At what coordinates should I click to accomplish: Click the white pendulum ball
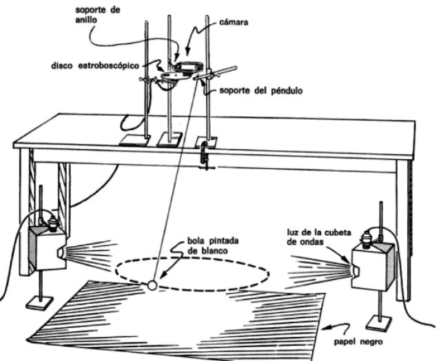(x=152, y=283)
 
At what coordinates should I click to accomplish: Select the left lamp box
(x=47, y=247)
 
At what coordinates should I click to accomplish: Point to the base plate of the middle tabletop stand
(x=169, y=140)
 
